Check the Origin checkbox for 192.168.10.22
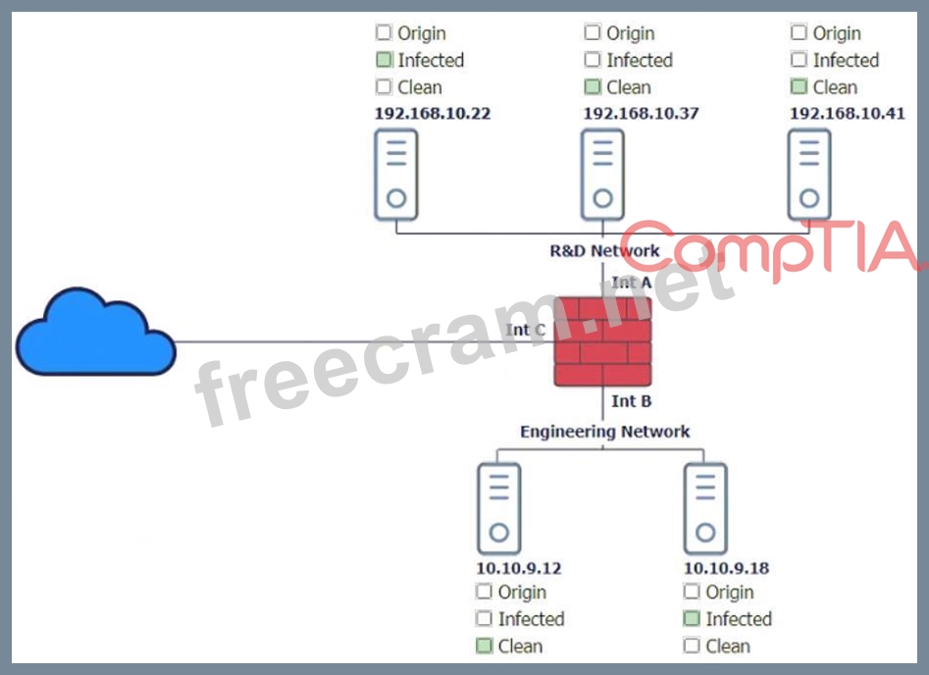click(x=384, y=33)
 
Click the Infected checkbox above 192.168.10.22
click(x=384, y=60)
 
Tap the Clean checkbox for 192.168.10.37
click(x=593, y=87)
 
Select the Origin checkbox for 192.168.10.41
click(x=799, y=33)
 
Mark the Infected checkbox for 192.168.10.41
click(x=799, y=60)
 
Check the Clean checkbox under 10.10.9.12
click(x=484, y=646)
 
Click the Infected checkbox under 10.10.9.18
click(x=692, y=619)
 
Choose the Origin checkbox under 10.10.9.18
click(x=692, y=592)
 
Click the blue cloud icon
click(x=95, y=335)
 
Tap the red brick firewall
click(x=602, y=341)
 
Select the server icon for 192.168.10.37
click(x=602, y=175)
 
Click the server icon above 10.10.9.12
click(x=498, y=508)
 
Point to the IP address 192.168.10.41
click(x=847, y=113)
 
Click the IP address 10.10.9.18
click(x=726, y=568)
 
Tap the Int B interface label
click(x=631, y=401)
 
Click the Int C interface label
click(x=525, y=330)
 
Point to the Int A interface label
click(x=631, y=283)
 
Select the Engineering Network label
click(x=604, y=432)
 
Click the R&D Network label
click(x=604, y=251)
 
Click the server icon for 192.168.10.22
click(x=395, y=175)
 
